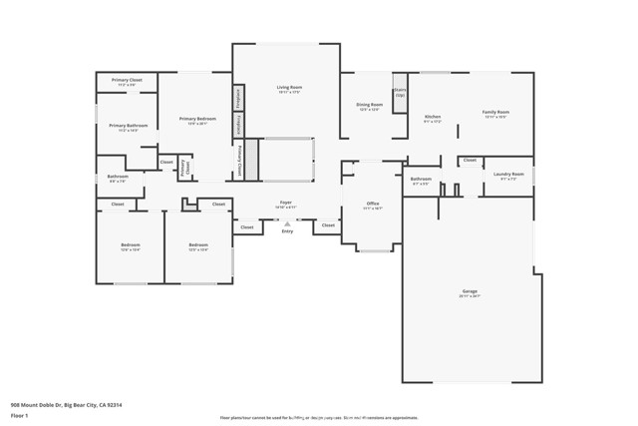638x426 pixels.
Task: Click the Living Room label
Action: [x=289, y=88]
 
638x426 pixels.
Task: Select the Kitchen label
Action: [x=433, y=117]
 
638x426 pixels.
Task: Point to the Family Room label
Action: [x=495, y=113]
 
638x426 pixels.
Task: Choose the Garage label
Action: [x=469, y=292]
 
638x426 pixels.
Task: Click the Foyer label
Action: [x=285, y=201]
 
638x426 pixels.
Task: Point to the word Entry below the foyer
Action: [x=287, y=231]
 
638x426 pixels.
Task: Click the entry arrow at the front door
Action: [x=287, y=223]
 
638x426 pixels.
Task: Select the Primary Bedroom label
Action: [x=197, y=119]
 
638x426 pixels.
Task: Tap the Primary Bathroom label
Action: [x=129, y=126]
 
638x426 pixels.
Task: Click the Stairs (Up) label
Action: [x=400, y=91]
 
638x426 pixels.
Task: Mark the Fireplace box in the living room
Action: [x=240, y=124]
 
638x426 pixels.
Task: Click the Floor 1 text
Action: [x=19, y=414]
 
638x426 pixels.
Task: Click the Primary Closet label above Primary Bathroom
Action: [x=128, y=81]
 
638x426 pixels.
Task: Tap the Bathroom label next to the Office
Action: [x=421, y=180]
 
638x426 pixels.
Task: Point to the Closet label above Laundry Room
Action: [x=470, y=160]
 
